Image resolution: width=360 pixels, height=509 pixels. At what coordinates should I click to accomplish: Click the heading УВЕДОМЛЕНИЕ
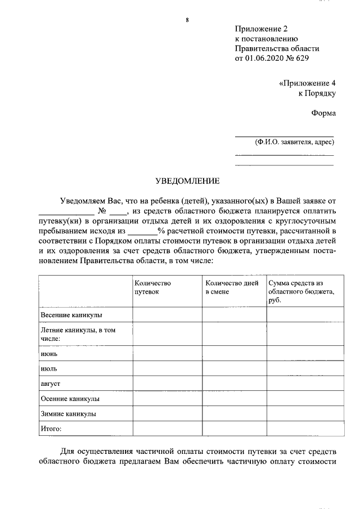(x=187, y=181)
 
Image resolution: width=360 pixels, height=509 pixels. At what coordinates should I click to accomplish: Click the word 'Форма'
(x=323, y=113)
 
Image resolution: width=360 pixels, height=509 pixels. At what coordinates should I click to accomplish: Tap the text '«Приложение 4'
(x=307, y=83)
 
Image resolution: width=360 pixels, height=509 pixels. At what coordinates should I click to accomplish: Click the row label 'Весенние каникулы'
(x=71, y=315)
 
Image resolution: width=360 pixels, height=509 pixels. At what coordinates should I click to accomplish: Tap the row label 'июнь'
(x=49, y=354)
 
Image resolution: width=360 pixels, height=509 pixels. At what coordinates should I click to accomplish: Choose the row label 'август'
(x=51, y=383)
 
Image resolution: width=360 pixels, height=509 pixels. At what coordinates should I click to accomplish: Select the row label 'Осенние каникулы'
(x=70, y=398)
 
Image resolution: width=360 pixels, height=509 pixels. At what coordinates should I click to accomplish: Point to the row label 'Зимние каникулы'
(x=69, y=413)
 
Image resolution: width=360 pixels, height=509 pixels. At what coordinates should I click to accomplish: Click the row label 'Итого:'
(x=51, y=429)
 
